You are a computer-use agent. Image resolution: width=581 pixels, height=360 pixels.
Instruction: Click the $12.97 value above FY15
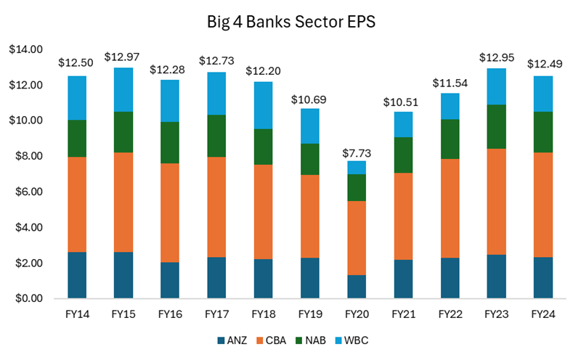coord(120,57)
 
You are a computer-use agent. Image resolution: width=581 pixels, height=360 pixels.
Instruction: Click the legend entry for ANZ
coord(235,340)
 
